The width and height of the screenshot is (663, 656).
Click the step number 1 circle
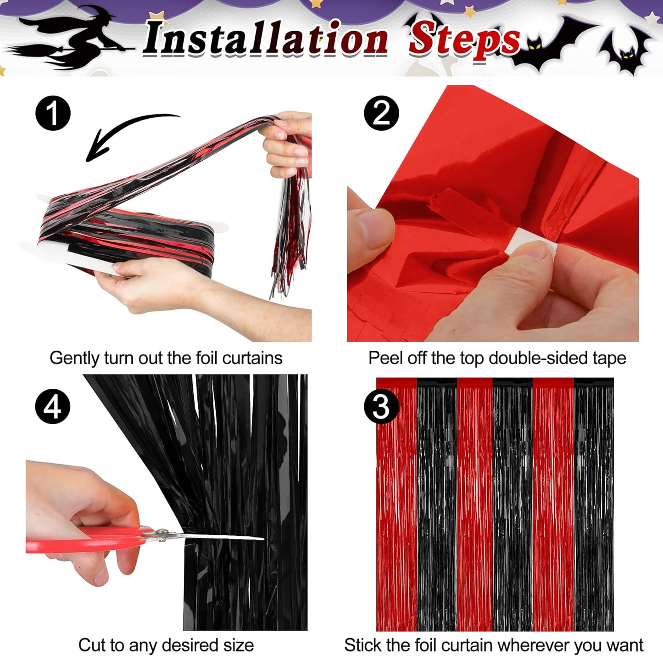pyautogui.click(x=53, y=113)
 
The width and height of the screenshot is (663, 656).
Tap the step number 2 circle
pyautogui.click(x=381, y=113)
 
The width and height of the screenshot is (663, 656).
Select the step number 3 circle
pyautogui.click(x=381, y=406)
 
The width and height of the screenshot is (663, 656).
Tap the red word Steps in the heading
pyautogui.click(x=463, y=39)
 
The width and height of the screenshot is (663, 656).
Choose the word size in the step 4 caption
pyautogui.click(x=239, y=645)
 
